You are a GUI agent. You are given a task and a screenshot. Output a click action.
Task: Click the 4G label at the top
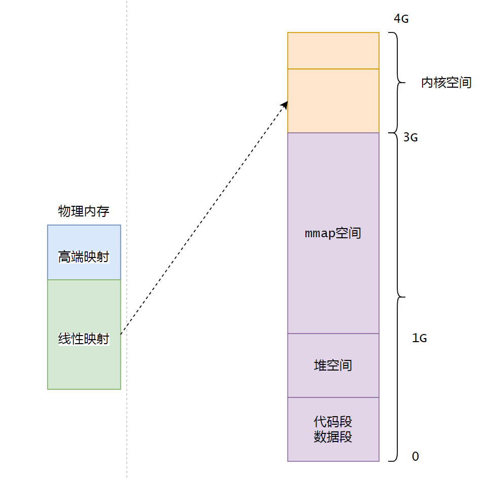coord(401,19)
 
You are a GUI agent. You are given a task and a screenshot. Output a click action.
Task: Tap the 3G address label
coord(410,137)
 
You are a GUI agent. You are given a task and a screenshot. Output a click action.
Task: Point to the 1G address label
coord(419,338)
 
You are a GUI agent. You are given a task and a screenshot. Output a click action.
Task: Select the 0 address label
coord(416,456)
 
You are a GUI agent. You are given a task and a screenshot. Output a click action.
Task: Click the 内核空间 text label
coord(446,83)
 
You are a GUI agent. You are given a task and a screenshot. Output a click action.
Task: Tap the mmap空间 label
coord(333,234)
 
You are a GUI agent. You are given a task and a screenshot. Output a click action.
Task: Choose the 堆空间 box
coord(333,365)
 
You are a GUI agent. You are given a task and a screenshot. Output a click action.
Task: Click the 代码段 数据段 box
coord(333,429)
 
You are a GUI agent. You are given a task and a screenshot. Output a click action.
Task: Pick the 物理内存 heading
coord(84,211)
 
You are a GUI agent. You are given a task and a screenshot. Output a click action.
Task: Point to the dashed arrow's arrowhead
coord(285,104)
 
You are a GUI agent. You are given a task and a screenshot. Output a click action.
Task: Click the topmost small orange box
coord(333,51)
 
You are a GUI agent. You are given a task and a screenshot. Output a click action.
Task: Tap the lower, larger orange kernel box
coord(333,100)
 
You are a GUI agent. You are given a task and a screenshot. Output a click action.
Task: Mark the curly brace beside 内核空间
coord(398,83)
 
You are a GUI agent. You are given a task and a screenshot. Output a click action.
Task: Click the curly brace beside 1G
coord(398,379)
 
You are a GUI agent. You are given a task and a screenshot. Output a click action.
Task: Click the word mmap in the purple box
coord(320,234)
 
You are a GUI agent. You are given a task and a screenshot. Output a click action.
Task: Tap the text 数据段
coord(333,437)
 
